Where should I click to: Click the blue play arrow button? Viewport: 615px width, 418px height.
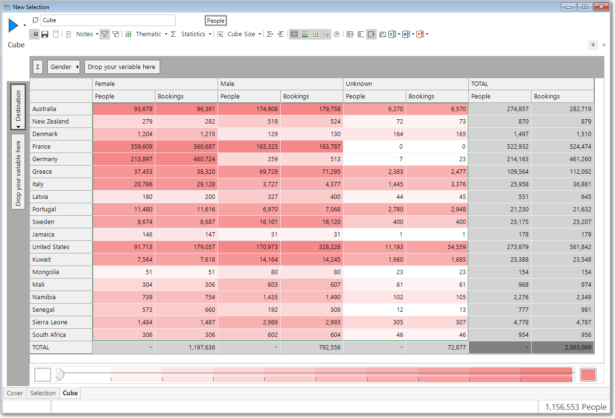(x=13, y=25)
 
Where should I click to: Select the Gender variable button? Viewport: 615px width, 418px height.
(x=63, y=67)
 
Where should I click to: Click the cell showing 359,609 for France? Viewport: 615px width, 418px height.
(x=124, y=146)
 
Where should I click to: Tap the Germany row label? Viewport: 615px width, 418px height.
(x=45, y=159)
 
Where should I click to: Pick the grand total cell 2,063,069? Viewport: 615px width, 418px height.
(x=562, y=348)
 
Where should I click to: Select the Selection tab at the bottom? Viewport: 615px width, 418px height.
(x=43, y=393)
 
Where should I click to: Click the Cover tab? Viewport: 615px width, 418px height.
(x=15, y=393)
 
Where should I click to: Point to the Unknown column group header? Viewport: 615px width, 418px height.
(x=359, y=84)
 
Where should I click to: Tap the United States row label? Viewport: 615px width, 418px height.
(x=51, y=247)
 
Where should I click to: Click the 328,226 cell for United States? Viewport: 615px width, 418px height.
(x=312, y=247)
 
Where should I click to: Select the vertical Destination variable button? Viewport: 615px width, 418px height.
(x=18, y=107)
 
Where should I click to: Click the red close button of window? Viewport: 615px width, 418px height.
(x=601, y=7)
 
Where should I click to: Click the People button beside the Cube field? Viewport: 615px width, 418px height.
(x=216, y=21)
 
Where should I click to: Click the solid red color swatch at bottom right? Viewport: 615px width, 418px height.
(x=588, y=375)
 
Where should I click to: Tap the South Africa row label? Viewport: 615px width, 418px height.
(x=49, y=334)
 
